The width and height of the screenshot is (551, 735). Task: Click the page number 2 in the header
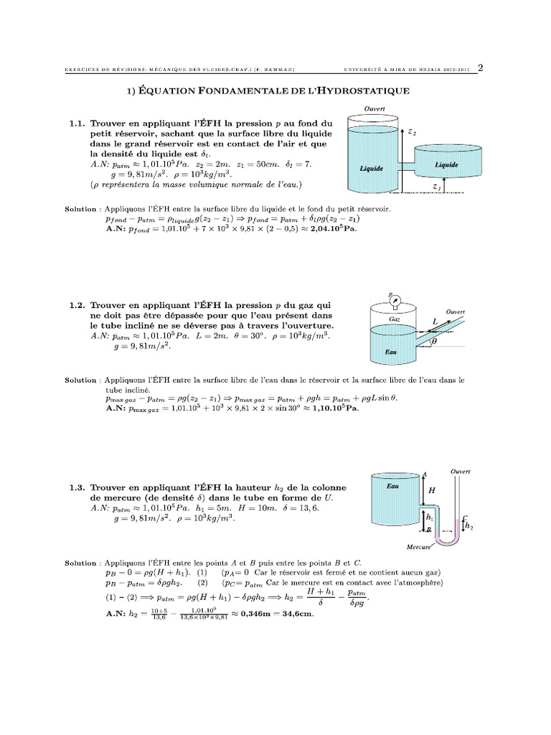(480, 68)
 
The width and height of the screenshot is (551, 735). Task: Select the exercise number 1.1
(77, 124)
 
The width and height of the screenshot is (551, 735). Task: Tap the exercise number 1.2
(77, 305)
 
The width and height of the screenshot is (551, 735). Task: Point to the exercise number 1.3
(77, 487)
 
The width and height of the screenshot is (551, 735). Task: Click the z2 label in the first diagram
(411, 133)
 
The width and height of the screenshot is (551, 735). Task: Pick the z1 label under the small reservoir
(438, 186)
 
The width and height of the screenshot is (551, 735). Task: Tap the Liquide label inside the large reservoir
(371, 169)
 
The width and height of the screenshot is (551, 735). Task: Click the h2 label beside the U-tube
(469, 526)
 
